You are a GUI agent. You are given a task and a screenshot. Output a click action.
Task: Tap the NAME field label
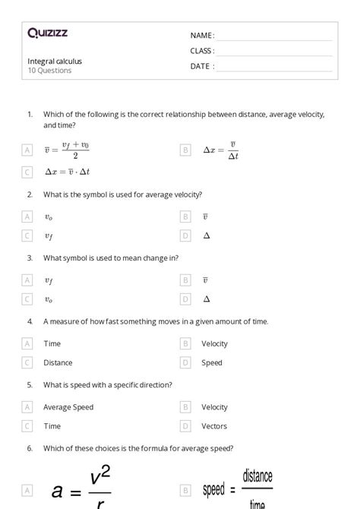[201, 36]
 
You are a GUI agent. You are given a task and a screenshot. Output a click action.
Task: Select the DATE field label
[201, 66]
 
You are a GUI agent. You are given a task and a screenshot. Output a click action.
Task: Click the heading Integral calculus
[55, 61]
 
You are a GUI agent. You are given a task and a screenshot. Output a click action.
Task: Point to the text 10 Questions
[49, 71]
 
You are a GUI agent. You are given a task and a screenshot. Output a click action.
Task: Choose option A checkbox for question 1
[27, 150]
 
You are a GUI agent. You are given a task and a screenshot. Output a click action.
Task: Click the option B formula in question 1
[221, 150]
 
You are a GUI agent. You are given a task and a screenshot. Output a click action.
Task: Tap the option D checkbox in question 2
[185, 236]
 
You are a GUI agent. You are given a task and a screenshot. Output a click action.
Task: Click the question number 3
[30, 258]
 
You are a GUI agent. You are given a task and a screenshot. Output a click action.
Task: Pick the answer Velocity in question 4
[214, 343]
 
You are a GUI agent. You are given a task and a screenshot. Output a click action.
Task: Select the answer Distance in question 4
[58, 363]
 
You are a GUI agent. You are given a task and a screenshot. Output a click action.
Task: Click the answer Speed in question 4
[212, 363]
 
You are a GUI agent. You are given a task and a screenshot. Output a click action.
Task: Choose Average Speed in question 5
[68, 407]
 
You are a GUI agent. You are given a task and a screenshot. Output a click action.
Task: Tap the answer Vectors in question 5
[214, 426]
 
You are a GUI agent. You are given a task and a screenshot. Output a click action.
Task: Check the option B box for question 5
[185, 407]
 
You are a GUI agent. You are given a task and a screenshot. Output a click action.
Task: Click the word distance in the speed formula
[257, 477]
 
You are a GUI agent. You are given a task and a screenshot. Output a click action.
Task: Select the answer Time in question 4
[52, 343]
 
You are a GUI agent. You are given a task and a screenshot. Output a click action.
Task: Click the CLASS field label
[202, 51]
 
